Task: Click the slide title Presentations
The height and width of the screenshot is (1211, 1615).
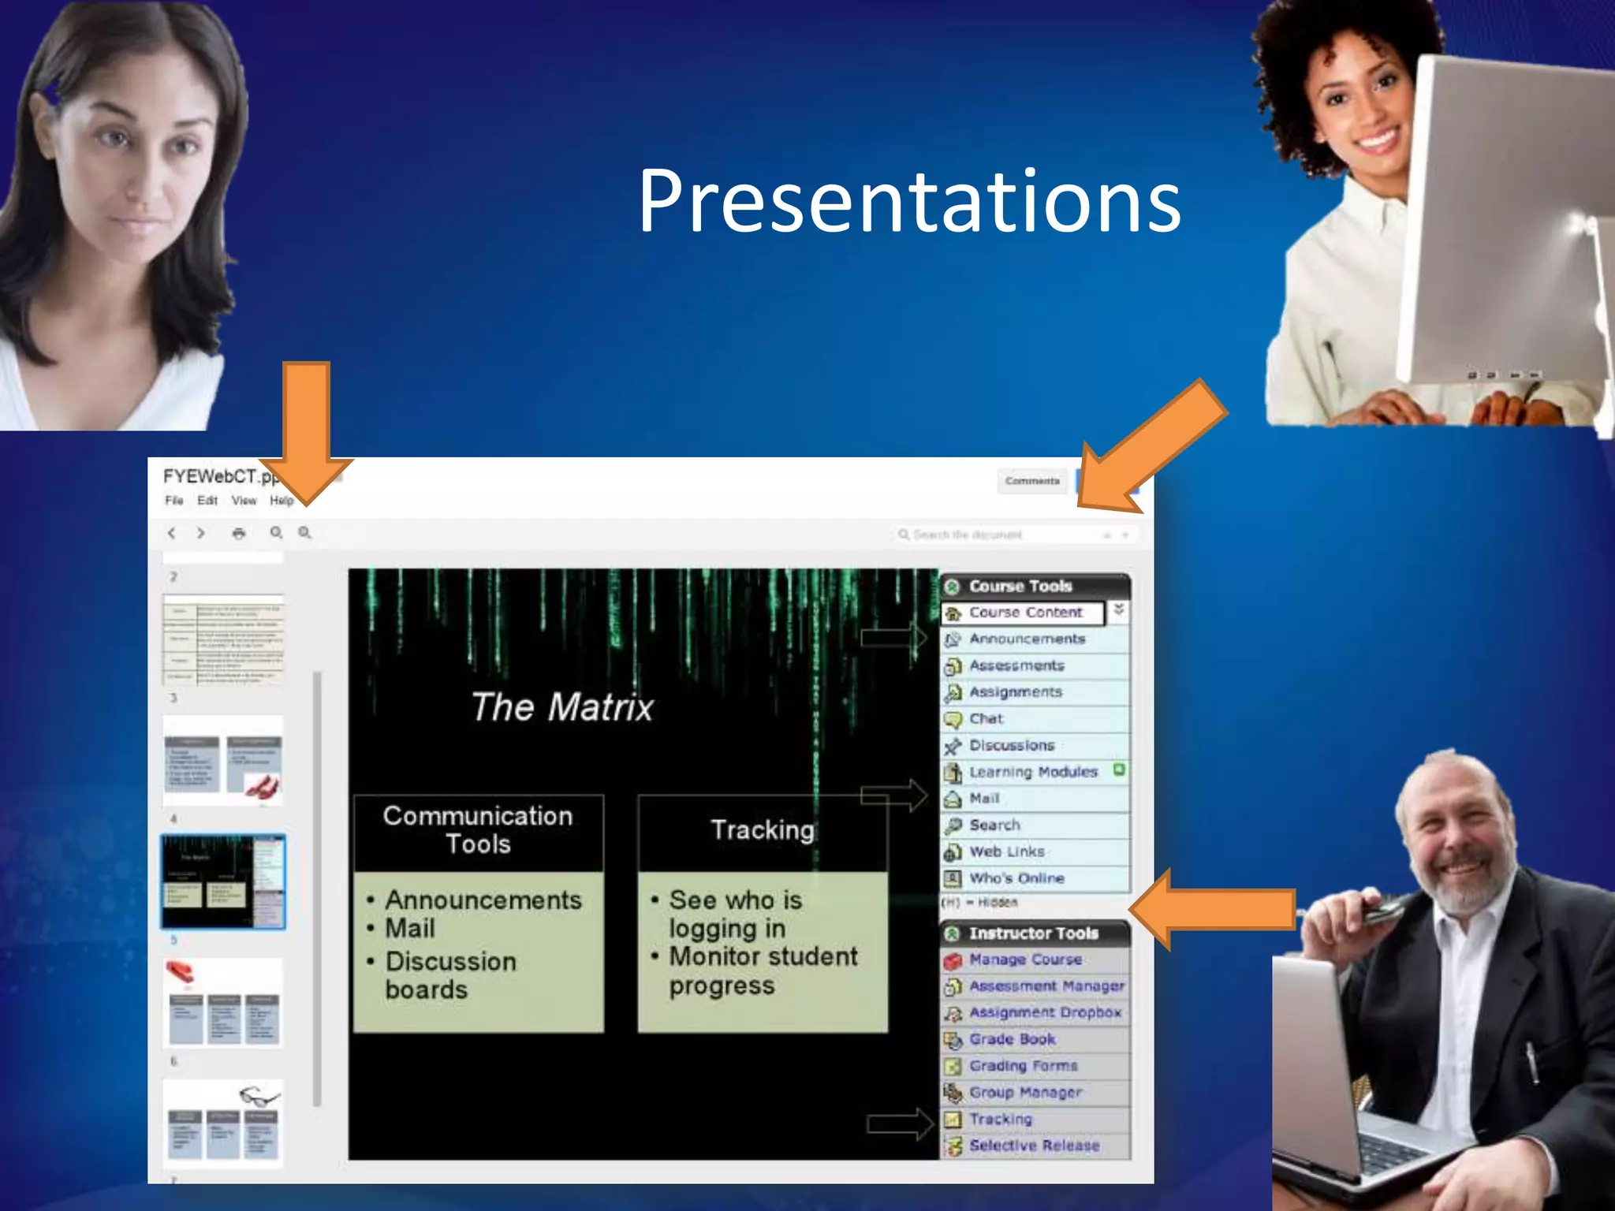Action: [909, 202]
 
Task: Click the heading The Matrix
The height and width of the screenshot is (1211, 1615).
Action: [562, 706]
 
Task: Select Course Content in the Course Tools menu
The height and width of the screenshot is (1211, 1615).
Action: [1024, 613]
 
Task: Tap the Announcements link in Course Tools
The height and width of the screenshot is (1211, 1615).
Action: [1027, 639]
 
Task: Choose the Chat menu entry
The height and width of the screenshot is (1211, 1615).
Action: [986, 719]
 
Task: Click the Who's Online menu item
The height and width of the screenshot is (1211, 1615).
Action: [1016, 878]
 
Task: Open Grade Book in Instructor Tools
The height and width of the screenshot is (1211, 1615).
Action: [1012, 1039]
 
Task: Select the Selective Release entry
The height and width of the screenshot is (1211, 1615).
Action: [1034, 1146]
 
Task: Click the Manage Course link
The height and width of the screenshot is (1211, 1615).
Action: [1025, 959]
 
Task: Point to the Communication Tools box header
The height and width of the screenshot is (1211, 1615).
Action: [478, 830]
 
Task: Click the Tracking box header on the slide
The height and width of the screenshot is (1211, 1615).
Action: [762, 830]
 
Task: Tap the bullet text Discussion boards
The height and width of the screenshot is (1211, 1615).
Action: [449, 975]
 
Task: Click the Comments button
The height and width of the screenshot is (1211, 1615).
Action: [1032, 481]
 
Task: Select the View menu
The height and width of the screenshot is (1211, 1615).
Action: [244, 501]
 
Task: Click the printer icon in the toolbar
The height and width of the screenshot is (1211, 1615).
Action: [238, 534]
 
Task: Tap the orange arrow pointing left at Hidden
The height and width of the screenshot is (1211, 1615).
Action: [1214, 908]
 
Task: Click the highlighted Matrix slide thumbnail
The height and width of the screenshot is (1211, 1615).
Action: [223, 881]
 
